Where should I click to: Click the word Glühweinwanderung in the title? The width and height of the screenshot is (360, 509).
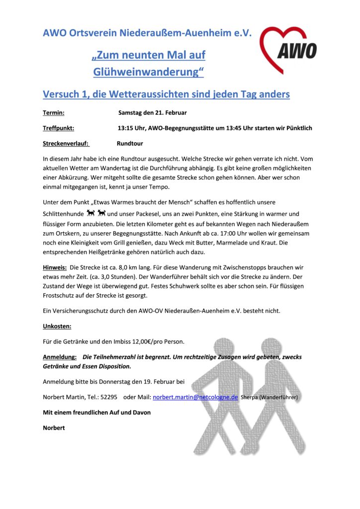click(x=149, y=72)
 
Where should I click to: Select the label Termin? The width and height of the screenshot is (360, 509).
click(x=53, y=113)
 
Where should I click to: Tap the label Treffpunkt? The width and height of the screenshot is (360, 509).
click(x=59, y=128)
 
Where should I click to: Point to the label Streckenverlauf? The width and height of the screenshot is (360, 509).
click(x=66, y=144)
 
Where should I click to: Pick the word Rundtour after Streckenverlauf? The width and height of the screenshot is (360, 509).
click(x=131, y=144)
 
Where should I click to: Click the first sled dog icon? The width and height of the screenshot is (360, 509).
click(x=90, y=213)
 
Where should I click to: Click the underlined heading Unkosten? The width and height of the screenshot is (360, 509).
click(x=57, y=326)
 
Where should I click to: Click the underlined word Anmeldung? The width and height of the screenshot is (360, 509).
click(x=60, y=357)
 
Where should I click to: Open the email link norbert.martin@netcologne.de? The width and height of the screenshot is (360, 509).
click(x=195, y=397)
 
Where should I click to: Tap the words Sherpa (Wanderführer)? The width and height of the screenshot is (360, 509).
click(x=269, y=398)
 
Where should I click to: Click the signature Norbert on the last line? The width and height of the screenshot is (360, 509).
click(x=54, y=427)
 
